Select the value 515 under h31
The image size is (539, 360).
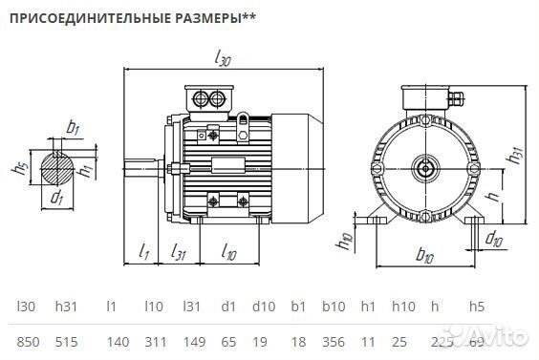(65, 341)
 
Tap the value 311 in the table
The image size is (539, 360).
(153, 341)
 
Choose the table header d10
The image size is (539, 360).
(263, 307)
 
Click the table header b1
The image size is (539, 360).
(297, 307)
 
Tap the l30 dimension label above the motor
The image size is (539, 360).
(222, 58)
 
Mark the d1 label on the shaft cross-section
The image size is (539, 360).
(57, 198)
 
